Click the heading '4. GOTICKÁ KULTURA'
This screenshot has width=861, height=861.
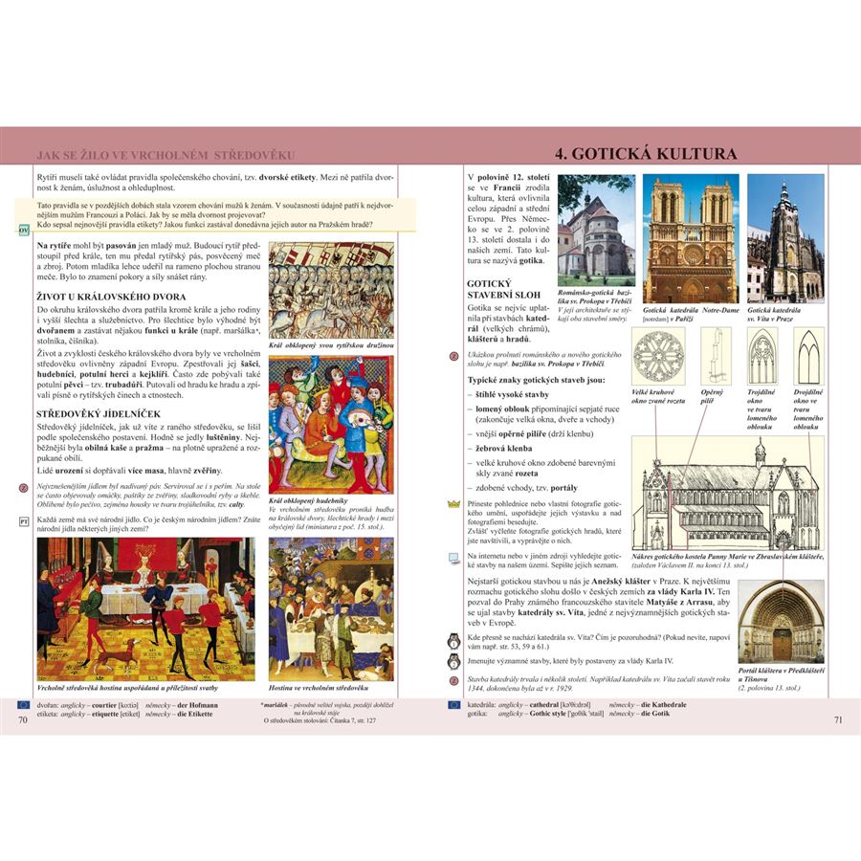coord(647,154)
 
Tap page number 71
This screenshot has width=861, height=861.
coord(838,719)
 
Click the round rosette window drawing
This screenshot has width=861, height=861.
coord(659,354)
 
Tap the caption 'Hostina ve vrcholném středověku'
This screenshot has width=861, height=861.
coord(318,688)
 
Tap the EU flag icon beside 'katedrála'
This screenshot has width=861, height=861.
coord(454,704)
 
